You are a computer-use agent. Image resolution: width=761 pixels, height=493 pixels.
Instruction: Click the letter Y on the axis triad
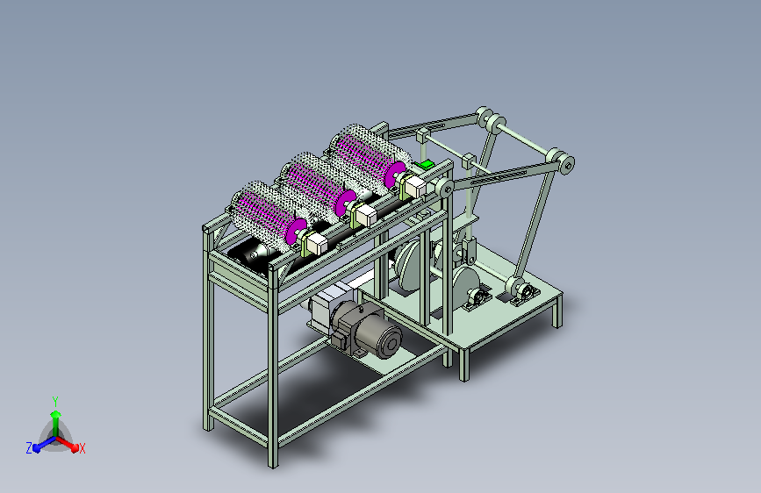coord(55,401)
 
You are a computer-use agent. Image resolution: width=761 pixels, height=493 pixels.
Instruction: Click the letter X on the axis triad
coord(82,449)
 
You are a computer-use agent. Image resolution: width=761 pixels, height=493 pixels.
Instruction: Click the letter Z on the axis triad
coord(29,448)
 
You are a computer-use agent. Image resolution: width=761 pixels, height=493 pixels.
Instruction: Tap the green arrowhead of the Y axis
coord(56,415)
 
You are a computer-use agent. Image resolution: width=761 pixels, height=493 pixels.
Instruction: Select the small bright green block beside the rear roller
coord(426,165)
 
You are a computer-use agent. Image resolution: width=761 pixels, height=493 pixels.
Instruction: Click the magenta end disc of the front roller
coord(296,232)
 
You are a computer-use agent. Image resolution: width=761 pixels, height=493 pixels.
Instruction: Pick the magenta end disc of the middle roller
coord(346,204)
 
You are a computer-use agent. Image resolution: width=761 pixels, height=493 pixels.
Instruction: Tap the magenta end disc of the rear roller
coord(395,175)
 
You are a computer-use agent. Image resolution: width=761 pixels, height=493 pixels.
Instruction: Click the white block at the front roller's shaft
coord(317,244)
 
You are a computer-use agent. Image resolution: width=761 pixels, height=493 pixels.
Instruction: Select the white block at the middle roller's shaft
coord(366,216)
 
